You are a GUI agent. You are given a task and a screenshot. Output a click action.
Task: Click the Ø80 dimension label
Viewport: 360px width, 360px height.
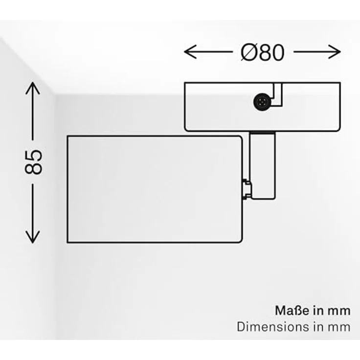pyautogui.click(x=263, y=52)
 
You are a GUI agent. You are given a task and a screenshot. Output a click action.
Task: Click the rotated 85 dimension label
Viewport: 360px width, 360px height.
pyautogui.click(x=34, y=162)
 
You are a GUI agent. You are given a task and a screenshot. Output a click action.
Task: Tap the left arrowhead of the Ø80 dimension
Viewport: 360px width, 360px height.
pyautogui.click(x=190, y=52)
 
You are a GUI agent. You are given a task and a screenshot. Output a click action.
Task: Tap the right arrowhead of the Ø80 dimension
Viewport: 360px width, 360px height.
pyautogui.click(x=335, y=52)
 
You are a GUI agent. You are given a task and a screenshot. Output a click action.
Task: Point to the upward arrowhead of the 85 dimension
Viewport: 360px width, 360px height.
pyautogui.click(x=33, y=88)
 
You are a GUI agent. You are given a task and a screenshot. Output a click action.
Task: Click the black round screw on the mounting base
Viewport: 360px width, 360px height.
pyautogui.click(x=262, y=102)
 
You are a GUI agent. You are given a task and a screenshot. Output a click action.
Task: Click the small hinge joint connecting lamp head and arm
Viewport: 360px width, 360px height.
pyautogui.click(x=247, y=189)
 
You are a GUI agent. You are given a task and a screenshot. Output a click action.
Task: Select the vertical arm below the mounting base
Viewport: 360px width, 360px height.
pyautogui.click(x=263, y=166)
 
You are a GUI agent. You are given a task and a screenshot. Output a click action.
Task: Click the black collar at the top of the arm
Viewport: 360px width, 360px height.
pyautogui.click(x=263, y=133)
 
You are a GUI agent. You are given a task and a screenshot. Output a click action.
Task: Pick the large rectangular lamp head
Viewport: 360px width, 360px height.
pyautogui.click(x=155, y=189)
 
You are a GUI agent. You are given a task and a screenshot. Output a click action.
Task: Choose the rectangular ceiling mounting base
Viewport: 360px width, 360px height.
pyautogui.click(x=263, y=107)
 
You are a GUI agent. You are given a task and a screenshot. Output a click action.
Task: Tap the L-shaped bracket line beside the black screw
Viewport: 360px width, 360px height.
pyautogui.click(x=277, y=94)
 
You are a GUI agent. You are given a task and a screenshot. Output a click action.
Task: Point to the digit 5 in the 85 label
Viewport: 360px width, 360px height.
pyautogui.click(x=34, y=156)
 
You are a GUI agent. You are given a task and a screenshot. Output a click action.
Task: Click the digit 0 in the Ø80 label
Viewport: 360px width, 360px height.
pyautogui.click(x=278, y=52)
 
